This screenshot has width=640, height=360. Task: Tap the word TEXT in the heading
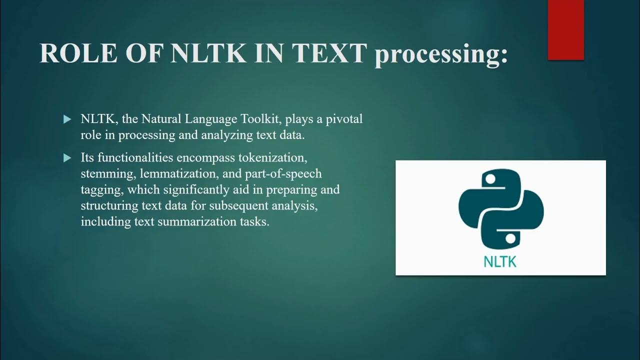coord(330,53)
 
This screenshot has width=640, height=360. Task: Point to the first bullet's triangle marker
coord(67,119)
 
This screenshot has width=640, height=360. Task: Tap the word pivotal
coord(344,119)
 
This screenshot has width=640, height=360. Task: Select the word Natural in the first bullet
coord(160,119)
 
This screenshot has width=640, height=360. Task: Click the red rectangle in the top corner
coord(565,30)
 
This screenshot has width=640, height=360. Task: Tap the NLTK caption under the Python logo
coord(500,261)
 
